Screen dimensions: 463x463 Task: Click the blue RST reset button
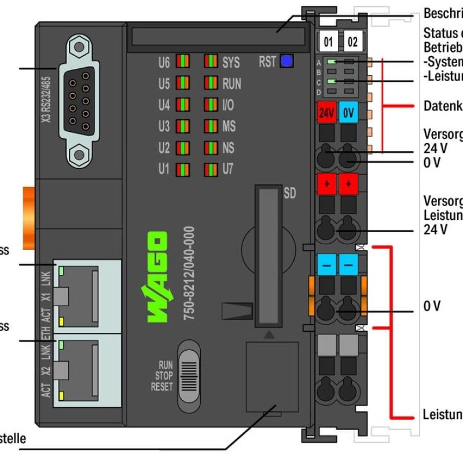pos(285,61)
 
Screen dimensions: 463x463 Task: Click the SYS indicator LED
pos(211,62)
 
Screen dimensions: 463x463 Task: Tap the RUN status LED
pos(211,83)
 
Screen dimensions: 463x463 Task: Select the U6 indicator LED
pos(183,62)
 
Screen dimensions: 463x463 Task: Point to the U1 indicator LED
pos(183,170)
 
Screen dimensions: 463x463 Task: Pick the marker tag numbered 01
pos(328,42)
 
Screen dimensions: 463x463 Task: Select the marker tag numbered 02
pos(352,42)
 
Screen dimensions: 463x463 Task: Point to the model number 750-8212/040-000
pos(188,275)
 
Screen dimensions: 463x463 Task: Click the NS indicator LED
pos(211,148)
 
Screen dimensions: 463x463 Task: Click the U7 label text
pos(229,170)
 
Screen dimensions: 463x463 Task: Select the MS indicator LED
pos(211,126)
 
